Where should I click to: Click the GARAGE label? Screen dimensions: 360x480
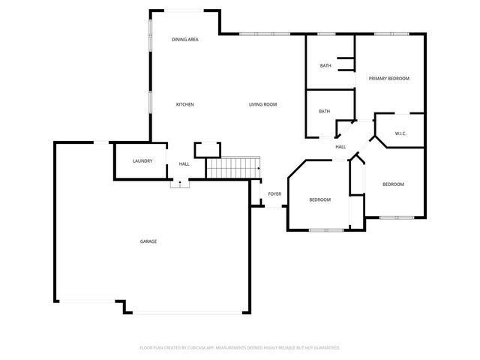tap(148, 241)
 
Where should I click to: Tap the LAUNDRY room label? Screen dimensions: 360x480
tap(142, 161)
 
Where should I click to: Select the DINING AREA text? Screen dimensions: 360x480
tap(184, 39)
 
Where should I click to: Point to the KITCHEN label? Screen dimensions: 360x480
tap(184, 104)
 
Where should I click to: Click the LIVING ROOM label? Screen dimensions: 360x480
tap(262, 104)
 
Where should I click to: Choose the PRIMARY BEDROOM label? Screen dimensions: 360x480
tap(388, 78)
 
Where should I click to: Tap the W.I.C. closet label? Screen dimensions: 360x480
tap(400, 134)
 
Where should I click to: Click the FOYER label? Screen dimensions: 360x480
tap(274, 194)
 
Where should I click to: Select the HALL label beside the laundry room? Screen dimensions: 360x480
tap(184, 164)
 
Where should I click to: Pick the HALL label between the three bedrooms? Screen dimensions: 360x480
tap(340, 147)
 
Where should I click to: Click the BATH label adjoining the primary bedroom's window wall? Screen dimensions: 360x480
tap(325, 66)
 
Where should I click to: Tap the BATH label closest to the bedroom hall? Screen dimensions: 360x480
tap(324, 112)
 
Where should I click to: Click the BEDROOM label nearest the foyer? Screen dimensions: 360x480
tap(320, 199)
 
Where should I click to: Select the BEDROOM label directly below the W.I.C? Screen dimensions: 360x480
tap(393, 184)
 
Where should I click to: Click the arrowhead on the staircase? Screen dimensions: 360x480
tap(259, 169)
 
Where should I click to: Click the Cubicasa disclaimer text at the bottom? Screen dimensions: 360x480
tap(240, 348)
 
